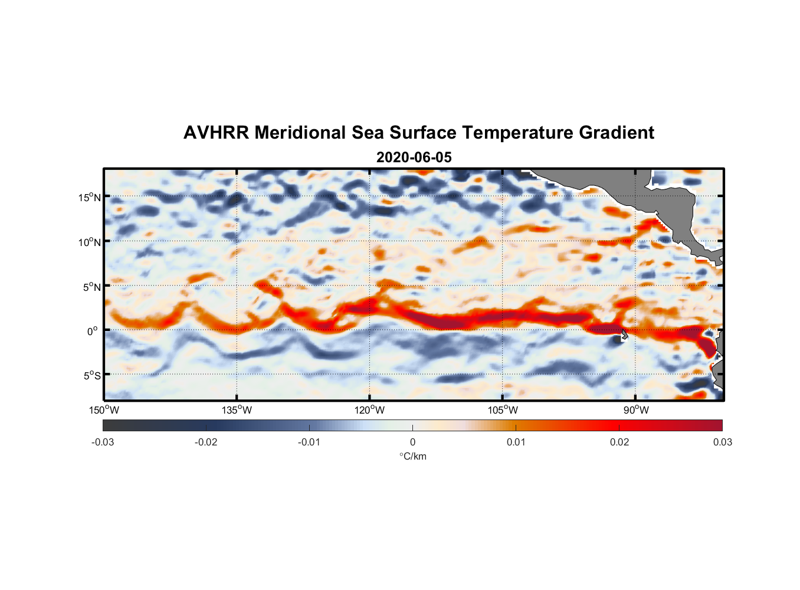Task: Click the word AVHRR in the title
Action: (x=216, y=133)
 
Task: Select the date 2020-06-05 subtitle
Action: (x=414, y=158)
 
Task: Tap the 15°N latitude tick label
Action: (x=90, y=197)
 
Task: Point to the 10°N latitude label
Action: (x=90, y=242)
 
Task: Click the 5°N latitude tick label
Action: (x=91, y=287)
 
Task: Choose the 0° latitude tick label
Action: (x=93, y=331)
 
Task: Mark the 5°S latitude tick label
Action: (x=91, y=376)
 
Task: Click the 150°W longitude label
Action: (x=104, y=411)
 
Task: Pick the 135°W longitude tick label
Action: (x=237, y=411)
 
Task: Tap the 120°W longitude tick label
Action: (x=370, y=411)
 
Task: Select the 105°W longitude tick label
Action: (x=503, y=411)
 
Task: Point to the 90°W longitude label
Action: (x=636, y=411)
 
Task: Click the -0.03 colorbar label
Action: (x=103, y=442)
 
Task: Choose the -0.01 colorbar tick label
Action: (x=309, y=442)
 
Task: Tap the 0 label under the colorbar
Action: (x=412, y=442)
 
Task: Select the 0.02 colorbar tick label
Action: (x=619, y=442)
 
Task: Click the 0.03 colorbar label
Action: (x=722, y=442)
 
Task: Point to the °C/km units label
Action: (x=412, y=456)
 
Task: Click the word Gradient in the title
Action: (x=617, y=133)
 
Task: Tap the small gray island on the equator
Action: (x=624, y=334)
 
